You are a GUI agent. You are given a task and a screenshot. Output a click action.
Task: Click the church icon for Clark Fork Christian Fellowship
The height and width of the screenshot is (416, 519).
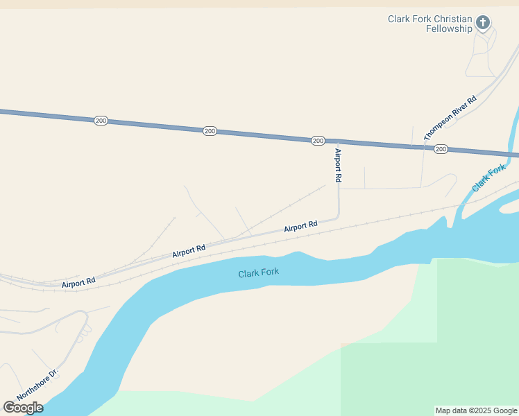tap(483, 22)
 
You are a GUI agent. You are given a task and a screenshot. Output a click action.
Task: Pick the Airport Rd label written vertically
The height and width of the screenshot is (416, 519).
tap(338, 166)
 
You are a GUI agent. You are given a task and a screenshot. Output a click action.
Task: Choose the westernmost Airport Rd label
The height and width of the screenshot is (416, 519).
tap(78, 284)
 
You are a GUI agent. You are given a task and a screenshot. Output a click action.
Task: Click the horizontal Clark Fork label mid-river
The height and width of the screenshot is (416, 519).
tap(259, 272)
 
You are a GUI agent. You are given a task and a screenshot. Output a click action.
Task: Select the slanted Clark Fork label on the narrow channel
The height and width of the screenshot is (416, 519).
tap(489, 179)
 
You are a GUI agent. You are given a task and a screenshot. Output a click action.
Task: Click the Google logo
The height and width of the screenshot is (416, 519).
tap(23, 408)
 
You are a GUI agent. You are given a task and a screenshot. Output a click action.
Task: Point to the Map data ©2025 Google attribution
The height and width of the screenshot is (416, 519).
tap(477, 410)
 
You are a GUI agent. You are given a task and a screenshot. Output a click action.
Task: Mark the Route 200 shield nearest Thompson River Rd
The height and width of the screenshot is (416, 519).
tap(441, 150)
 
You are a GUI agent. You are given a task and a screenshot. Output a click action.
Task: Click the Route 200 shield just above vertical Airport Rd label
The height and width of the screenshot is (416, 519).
tap(318, 141)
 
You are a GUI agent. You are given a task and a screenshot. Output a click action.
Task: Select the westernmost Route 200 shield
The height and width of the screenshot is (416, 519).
tap(101, 121)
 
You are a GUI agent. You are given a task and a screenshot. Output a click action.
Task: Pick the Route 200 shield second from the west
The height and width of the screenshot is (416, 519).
tap(210, 131)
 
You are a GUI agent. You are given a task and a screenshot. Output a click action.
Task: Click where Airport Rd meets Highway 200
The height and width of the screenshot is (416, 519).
tap(338, 142)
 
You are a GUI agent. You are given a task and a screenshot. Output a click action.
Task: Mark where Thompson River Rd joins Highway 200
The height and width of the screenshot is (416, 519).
tap(424, 148)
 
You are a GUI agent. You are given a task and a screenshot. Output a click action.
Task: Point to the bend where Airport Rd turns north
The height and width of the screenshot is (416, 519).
tap(338, 216)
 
